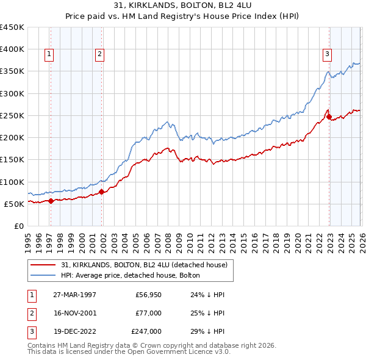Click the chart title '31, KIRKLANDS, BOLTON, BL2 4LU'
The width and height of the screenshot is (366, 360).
[x=183, y=6]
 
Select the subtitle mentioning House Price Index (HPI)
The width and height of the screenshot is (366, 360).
[x=183, y=16]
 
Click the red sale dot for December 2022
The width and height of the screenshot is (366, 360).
[x=329, y=117]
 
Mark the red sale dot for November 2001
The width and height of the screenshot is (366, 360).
[x=102, y=192]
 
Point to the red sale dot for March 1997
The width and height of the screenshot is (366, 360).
[x=51, y=201]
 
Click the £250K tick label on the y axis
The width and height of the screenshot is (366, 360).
[x=12, y=115]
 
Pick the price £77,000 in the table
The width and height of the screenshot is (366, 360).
[x=148, y=313]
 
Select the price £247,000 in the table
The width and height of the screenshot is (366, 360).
[x=146, y=331]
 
